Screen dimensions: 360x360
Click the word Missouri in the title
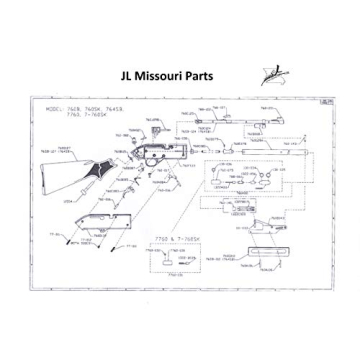[x=163, y=76]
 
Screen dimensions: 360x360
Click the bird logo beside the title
[x=269, y=75]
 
